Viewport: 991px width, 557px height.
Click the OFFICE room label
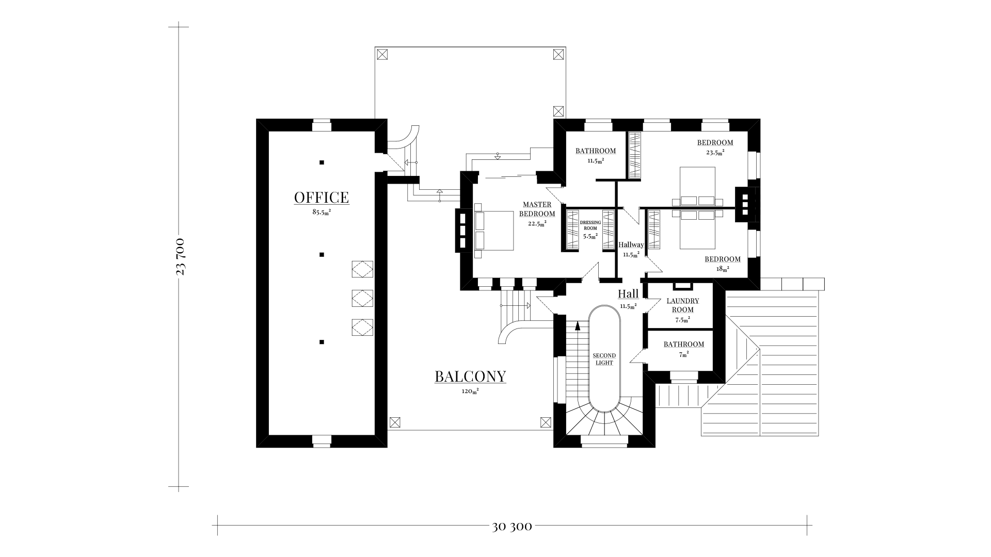click(322, 197)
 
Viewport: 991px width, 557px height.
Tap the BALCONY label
click(470, 376)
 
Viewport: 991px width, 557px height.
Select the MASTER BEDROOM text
click(537, 209)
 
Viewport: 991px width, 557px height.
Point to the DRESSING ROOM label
click(590, 225)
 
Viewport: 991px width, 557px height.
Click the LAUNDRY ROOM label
click(682, 305)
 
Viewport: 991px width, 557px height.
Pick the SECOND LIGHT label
click(604, 359)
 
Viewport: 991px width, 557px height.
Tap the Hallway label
click(631, 245)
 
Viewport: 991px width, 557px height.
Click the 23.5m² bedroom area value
click(715, 152)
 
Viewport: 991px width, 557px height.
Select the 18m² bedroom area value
click(722, 269)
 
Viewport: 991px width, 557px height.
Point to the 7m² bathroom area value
click(684, 354)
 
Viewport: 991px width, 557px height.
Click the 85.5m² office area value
click(321, 211)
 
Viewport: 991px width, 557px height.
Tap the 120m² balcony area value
click(470, 391)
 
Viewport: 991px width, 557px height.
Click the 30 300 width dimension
click(512, 527)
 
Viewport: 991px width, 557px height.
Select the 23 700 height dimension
click(181, 256)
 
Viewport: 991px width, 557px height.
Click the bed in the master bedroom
click(494, 231)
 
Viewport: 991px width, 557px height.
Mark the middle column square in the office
click(322, 254)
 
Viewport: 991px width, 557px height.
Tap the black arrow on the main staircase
click(577, 325)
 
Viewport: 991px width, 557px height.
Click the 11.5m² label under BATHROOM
click(595, 160)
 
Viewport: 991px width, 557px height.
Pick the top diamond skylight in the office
click(362, 269)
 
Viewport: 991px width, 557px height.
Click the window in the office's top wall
click(322, 125)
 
